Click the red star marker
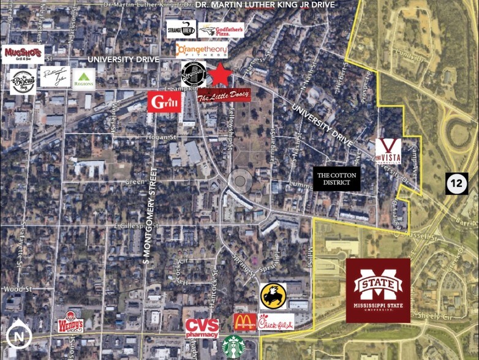[x=221, y=75]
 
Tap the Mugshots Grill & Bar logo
[x=23, y=54]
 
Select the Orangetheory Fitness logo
[x=202, y=50]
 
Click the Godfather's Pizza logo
[x=221, y=30]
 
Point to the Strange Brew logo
[x=181, y=29]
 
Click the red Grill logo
[x=164, y=102]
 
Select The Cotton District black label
[x=336, y=178]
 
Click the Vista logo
[x=388, y=151]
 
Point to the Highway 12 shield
[x=456, y=184]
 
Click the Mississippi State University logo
[x=378, y=290]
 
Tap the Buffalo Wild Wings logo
[x=273, y=296]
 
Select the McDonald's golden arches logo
[x=245, y=322]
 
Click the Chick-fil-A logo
[x=276, y=322]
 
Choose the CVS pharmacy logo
[x=202, y=328]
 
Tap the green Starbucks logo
[x=233, y=347]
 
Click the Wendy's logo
[x=70, y=323]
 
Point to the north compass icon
[x=19, y=336]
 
